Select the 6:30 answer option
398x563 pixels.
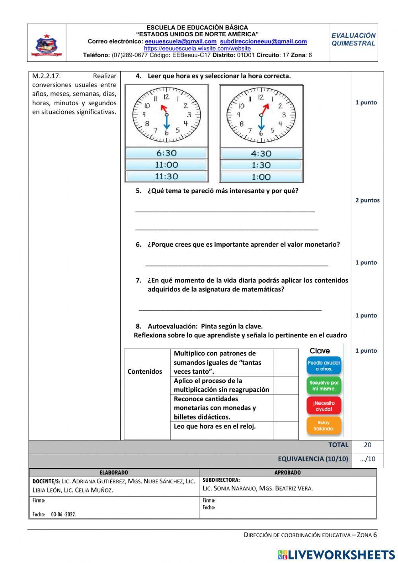166,153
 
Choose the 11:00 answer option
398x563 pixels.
166,165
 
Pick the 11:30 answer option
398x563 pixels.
166,177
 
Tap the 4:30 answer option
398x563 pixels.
261,153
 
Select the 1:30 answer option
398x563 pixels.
261,165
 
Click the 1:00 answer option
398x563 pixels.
261,177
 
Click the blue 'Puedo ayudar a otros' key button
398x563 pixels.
324,365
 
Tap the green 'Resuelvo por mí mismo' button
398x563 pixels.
324,385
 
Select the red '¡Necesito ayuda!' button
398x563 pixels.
324,406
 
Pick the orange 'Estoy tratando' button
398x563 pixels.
324,426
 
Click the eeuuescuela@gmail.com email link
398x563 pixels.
181,41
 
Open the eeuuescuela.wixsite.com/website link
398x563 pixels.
197,48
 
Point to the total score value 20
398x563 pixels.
367,445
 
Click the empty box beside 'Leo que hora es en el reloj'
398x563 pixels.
286,430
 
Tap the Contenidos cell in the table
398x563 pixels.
145,371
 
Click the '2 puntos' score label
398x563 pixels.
367,200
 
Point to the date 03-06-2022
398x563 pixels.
64,514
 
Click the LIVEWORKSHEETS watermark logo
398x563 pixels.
336,555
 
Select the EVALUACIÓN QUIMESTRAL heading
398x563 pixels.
353,39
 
